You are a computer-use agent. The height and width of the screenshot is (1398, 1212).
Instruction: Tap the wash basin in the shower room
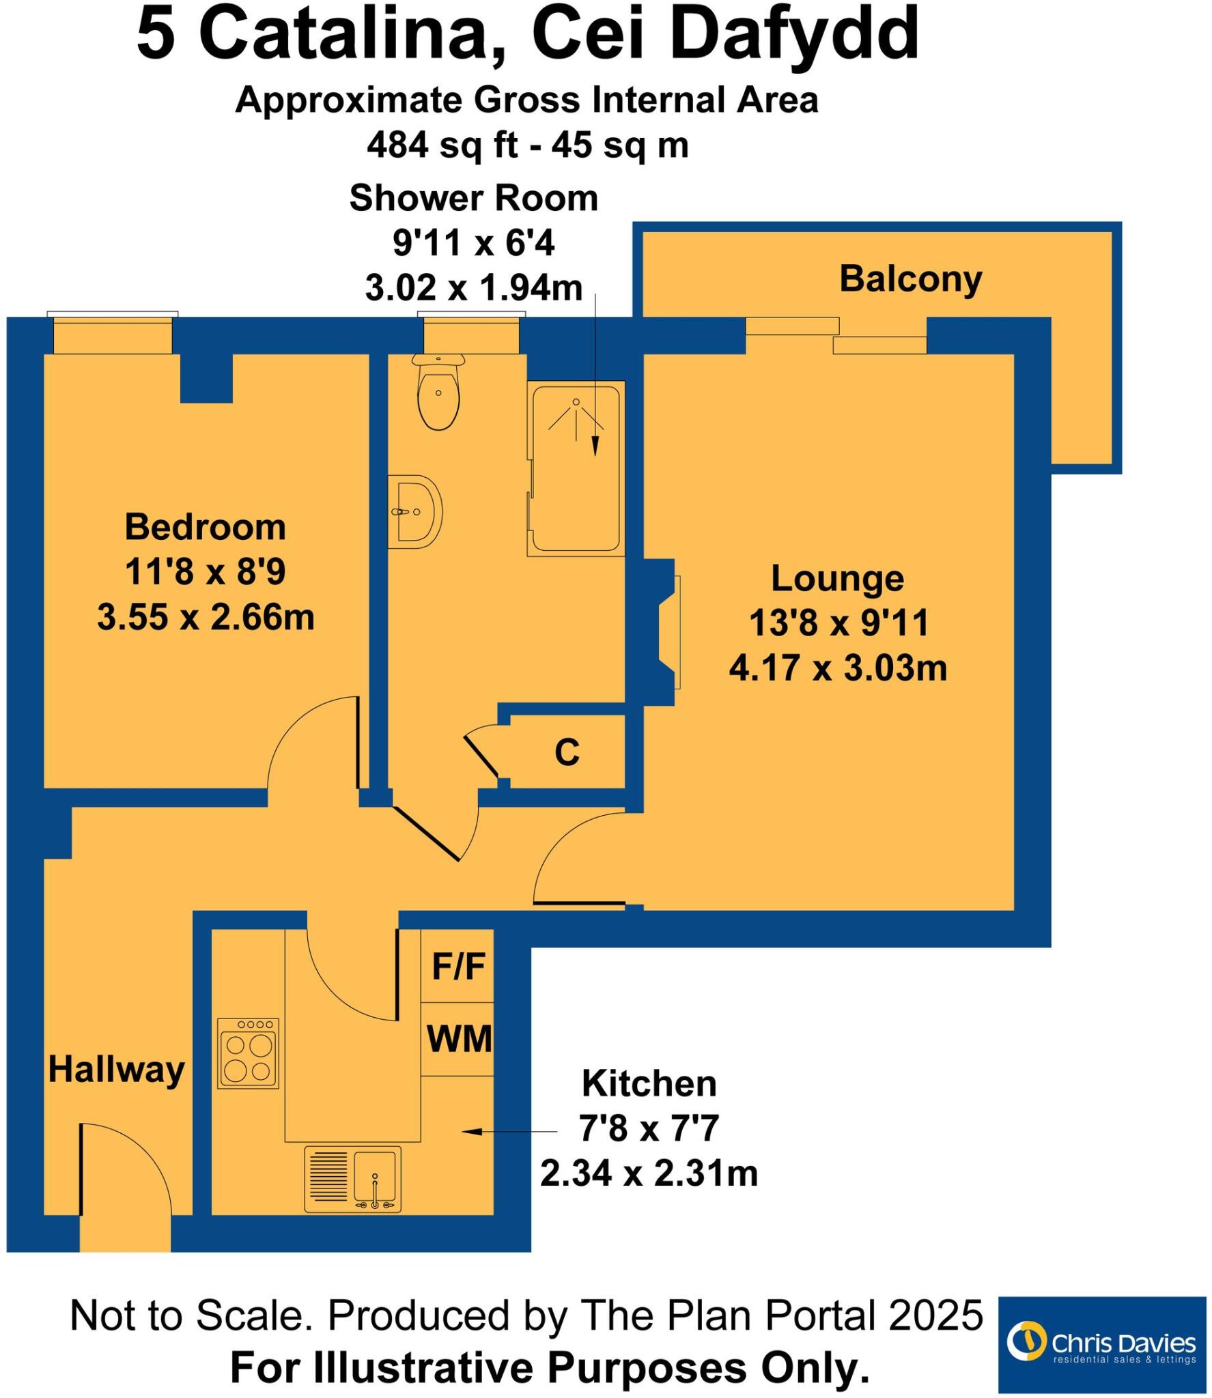pos(417,512)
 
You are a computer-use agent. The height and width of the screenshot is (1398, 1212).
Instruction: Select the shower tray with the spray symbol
pos(576,468)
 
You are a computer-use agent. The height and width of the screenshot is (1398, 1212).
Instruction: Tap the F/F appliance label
pos(458,967)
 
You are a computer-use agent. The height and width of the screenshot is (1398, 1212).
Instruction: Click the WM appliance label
pos(459,1039)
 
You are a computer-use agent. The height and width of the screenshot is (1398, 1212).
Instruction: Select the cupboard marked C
pos(567,752)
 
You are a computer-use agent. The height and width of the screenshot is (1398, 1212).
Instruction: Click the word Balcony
pos(910,279)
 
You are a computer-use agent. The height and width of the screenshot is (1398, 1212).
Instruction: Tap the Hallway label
pos(116,1069)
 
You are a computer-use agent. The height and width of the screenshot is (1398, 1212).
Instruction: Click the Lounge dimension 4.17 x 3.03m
pos(838,668)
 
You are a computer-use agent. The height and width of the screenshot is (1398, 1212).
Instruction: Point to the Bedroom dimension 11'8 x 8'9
pos(205,571)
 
